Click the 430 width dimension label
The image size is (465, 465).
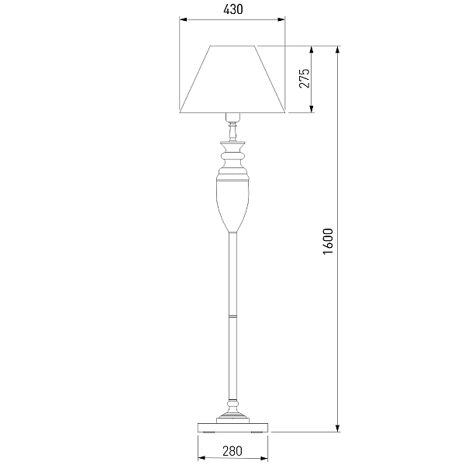pos(232,9)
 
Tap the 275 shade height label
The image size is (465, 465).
pos(305,78)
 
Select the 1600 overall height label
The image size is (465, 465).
pos(328,241)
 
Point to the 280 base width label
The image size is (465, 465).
pos(232,451)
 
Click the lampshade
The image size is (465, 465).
pos(232,79)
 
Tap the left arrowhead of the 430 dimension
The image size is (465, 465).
pos(183,19)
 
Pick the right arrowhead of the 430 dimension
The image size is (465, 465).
pos(281,19)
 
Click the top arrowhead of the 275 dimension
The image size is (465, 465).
pos(311,50)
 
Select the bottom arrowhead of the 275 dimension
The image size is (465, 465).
pos(311,108)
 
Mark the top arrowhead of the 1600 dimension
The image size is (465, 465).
pos(337,50)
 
